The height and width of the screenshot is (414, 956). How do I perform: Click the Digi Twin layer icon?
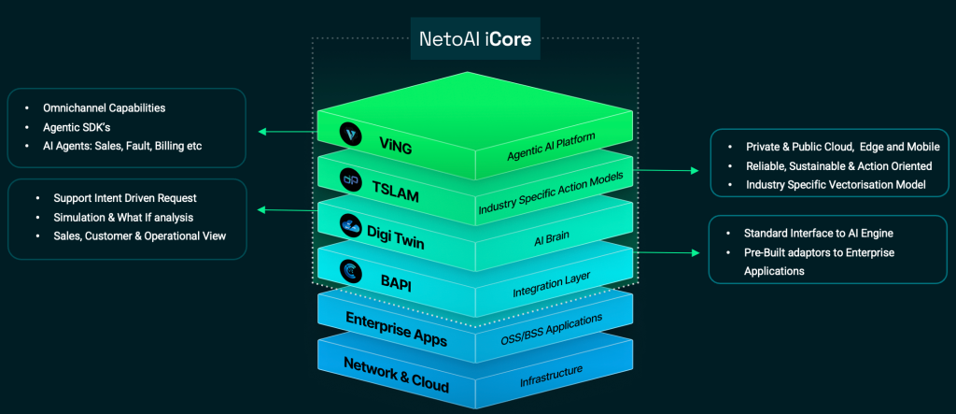[351, 224]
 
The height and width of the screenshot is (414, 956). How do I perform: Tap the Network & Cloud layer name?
[396, 376]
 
